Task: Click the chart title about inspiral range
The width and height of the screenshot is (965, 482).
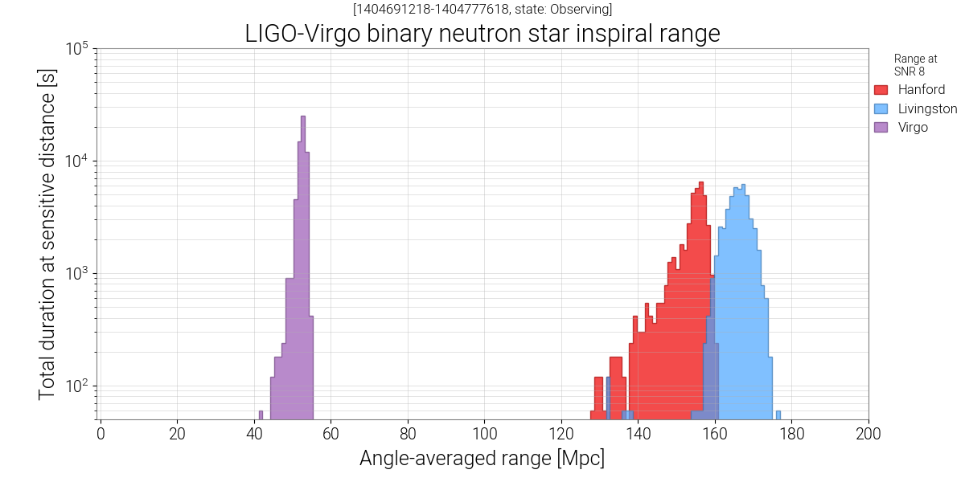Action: point(482,34)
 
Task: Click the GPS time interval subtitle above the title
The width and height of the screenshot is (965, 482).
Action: point(482,10)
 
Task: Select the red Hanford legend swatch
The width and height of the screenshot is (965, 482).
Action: point(881,89)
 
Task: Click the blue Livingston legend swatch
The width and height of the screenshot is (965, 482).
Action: point(881,108)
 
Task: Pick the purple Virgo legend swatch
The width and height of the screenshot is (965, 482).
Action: point(881,127)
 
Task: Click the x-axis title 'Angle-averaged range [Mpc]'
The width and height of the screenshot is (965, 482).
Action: point(482,459)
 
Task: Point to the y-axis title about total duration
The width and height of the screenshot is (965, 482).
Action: point(48,233)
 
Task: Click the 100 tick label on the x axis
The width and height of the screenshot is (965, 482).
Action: point(484,435)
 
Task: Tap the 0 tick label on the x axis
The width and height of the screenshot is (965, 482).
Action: point(101,435)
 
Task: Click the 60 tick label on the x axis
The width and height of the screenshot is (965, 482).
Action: point(331,435)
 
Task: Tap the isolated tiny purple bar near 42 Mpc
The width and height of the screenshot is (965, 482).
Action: point(261,415)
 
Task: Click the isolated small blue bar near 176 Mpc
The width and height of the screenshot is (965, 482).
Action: point(778,415)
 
